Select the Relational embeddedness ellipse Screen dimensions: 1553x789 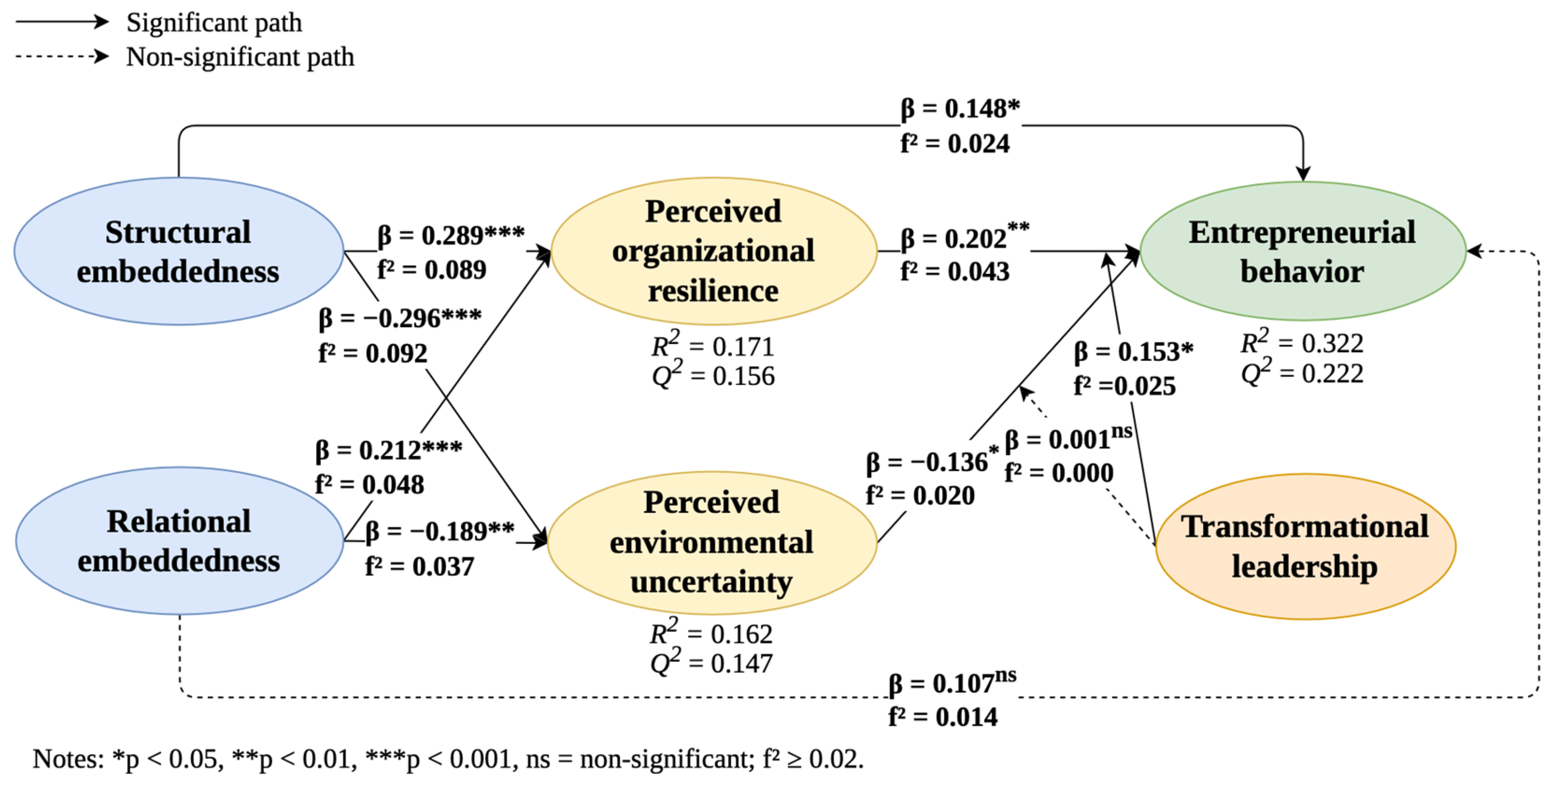[x=179, y=541]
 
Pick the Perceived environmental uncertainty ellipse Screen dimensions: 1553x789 [x=712, y=542]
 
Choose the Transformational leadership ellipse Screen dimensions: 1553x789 [x=1306, y=546]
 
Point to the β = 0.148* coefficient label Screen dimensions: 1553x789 [x=960, y=109]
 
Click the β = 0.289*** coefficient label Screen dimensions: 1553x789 [x=451, y=235]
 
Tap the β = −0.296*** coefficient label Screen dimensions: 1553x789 [x=400, y=318]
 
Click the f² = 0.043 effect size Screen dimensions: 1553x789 [x=955, y=272]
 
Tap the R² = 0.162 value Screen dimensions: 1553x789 [x=712, y=632]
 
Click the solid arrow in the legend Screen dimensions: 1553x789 [x=62, y=22]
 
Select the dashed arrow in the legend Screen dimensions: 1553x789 [x=62, y=57]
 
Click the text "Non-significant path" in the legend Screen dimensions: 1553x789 [x=240, y=57]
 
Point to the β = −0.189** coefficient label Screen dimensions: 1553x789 [x=439, y=531]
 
